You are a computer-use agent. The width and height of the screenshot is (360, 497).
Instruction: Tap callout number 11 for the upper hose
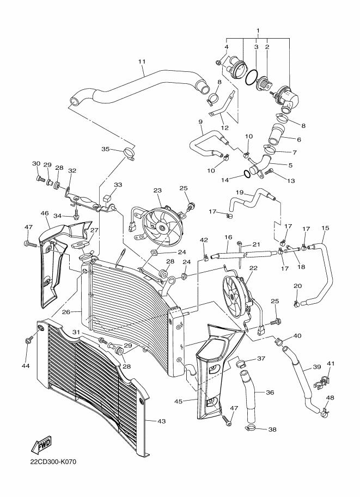tap(142, 62)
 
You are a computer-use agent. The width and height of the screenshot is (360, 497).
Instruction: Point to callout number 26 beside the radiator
tap(66, 312)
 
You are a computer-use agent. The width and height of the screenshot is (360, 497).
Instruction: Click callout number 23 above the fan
tap(157, 191)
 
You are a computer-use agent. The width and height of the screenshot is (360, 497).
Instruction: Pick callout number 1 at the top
tap(258, 30)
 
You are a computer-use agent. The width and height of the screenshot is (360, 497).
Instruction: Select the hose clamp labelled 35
tap(130, 154)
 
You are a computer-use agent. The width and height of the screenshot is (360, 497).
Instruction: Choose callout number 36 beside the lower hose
tap(270, 392)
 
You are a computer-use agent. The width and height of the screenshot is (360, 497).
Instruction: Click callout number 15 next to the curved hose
tap(326, 228)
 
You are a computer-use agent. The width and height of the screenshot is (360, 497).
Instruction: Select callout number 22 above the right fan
tap(253, 268)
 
